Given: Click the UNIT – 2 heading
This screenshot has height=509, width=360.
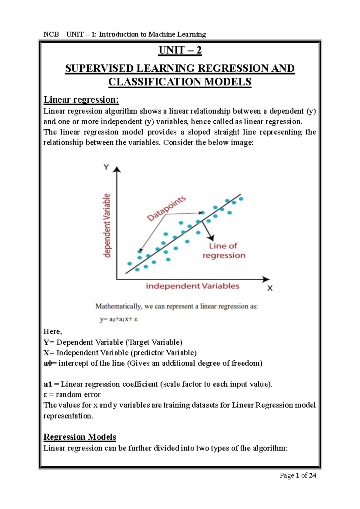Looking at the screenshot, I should coord(180,50).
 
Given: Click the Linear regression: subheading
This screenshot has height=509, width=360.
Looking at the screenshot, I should coord(81,100).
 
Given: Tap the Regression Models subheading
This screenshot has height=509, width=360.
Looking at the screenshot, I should coord(80,437).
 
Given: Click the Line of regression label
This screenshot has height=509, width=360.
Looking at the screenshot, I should coord(224,251).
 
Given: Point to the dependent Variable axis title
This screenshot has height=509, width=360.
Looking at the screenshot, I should coord(107,225).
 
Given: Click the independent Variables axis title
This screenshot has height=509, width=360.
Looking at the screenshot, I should coord(192,286).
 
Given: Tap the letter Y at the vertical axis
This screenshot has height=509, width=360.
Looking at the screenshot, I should coord(106,167).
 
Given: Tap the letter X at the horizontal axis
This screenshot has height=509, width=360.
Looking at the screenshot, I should coord(270,288).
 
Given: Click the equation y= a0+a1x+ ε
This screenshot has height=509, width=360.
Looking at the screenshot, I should coord(119,319).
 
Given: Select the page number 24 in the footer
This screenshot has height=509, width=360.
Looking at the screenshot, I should coord(312,475).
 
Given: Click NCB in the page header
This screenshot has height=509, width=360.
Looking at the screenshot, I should coord(51,34).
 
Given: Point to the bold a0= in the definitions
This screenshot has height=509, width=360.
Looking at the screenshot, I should coord(50,363).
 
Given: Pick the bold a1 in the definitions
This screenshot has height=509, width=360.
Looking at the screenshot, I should coord(48,384).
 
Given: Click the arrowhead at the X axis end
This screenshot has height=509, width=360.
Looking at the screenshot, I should coord(266,279).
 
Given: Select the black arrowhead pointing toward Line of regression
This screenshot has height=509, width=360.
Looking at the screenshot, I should coord(211,238).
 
